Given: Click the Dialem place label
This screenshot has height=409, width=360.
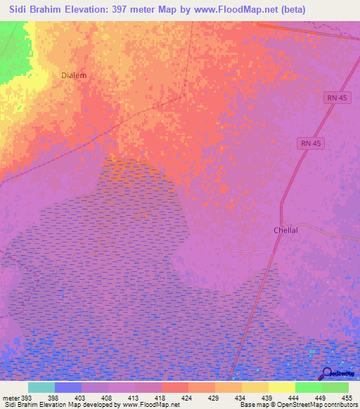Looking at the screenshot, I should click(x=74, y=75).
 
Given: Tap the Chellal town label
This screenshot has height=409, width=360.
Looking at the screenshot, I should click(x=286, y=231).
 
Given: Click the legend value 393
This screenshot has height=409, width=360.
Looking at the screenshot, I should click(x=25, y=397).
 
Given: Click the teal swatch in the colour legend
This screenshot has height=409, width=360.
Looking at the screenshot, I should click(x=41, y=387).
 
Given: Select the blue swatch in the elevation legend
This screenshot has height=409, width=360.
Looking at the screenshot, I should click(x=67, y=387).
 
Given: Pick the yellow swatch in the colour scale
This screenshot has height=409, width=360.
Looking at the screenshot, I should click(x=281, y=387).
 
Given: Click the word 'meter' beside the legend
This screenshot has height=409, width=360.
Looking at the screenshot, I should click(x=10, y=397).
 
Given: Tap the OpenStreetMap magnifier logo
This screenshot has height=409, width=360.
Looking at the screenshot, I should click(x=327, y=374).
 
